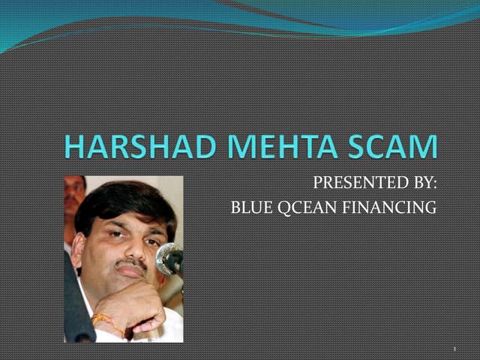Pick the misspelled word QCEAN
point(299,207)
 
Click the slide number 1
point(454,349)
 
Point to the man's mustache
point(132,265)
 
